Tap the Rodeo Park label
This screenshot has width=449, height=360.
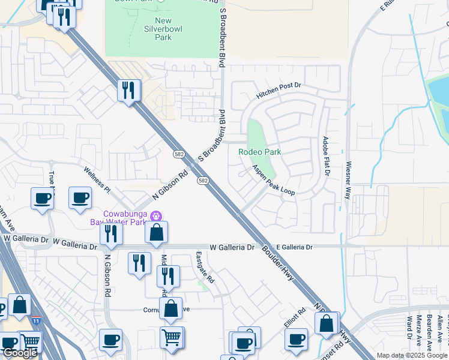(260, 152)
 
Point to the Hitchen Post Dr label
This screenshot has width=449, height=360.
(279, 91)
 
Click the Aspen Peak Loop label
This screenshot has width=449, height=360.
(273, 181)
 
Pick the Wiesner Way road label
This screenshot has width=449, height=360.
(348, 180)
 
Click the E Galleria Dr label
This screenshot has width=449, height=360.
(295, 247)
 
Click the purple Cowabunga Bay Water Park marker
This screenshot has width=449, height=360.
(155, 215)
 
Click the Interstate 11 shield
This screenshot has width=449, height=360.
(37, 322)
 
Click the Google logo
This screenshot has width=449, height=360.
(19, 353)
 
